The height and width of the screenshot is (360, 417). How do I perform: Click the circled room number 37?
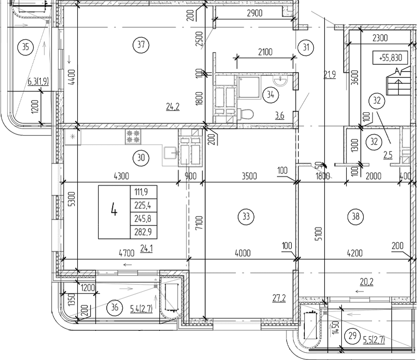[x=141, y=45]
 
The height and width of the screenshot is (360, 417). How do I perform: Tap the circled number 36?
[x=115, y=307]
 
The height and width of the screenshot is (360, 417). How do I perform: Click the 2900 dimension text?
[x=254, y=14]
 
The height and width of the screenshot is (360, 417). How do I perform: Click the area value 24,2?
[x=173, y=107]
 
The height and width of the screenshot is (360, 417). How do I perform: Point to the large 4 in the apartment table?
[x=114, y=211]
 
